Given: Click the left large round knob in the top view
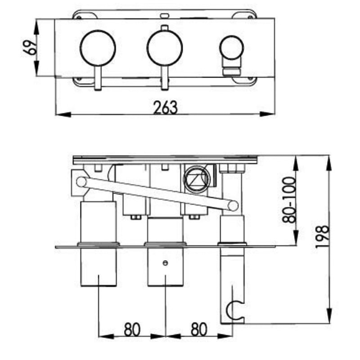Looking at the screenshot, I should (x=98, y=48).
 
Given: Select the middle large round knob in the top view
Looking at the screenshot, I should (x=165, y=48).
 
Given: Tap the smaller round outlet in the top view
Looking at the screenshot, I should (x=231, y=48).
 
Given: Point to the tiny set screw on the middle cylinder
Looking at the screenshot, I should (x=165, y=263).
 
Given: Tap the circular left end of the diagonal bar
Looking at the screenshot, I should (x=81, y=181).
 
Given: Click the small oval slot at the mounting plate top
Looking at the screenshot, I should (x=165, y=15).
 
